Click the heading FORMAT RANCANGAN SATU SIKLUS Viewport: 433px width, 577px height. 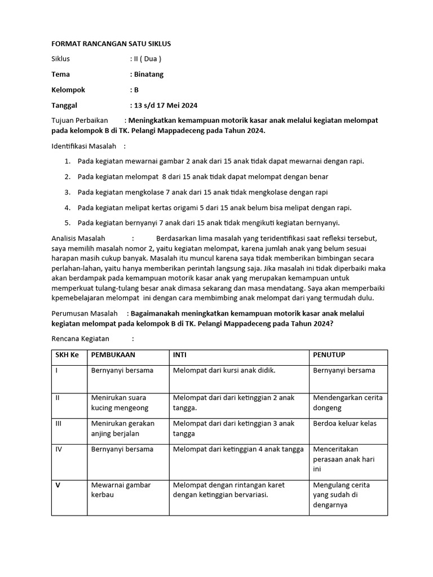[111, 43]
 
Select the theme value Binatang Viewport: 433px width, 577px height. [148, 74]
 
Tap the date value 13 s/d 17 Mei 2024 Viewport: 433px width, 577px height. [165, 105]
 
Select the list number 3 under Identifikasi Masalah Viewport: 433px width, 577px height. [67, 192]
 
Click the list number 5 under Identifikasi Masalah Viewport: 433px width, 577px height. [67, 223]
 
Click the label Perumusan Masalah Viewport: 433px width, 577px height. [85, 313]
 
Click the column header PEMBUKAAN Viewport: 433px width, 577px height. [113, 355]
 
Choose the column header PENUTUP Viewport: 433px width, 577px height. [329, 355]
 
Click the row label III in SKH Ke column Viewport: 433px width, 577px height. [58, 423]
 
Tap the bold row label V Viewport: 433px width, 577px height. [58, 485]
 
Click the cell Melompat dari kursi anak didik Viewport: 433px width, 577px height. [224, 371]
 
